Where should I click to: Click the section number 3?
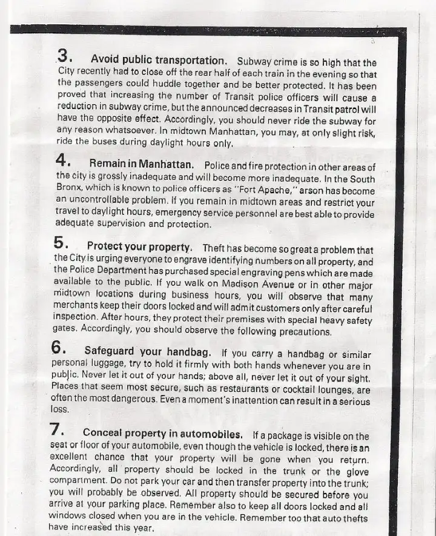[x=64, y=56]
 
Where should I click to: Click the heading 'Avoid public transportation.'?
[x=159, y=60]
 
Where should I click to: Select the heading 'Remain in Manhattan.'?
[x=142, y=164]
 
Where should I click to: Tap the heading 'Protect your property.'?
[x=140, y=247]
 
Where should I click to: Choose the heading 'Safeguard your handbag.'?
[x=148, y=351]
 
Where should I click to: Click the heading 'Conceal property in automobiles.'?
[x=163, y=434]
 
